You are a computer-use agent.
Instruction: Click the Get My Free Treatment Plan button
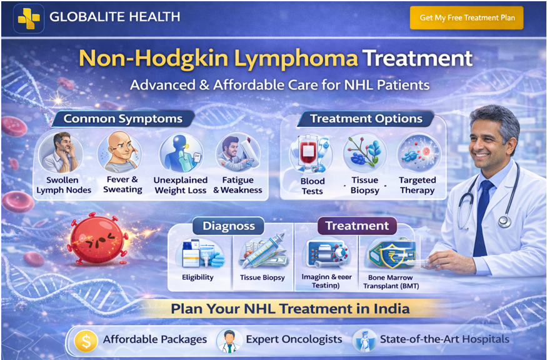coord(466,17)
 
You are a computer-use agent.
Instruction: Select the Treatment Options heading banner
coord(366,118)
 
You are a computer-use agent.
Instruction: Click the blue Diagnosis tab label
coord(228,226)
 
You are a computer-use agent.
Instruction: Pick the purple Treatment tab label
coord(356,226)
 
